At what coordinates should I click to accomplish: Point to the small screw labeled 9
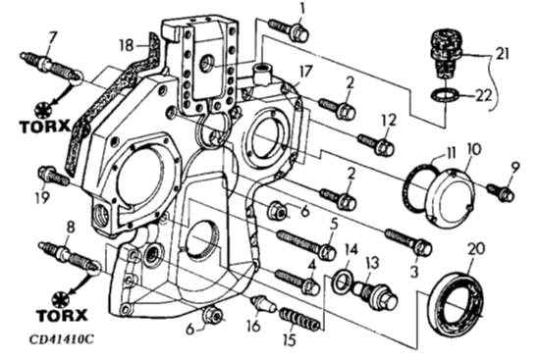[x=501, y=192]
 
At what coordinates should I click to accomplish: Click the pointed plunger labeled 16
[x=264, y=302]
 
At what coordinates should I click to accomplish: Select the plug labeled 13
[x=375, y=294]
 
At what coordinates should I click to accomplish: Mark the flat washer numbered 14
[x=342, y=281]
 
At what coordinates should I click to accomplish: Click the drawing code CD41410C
[x=61, y=339]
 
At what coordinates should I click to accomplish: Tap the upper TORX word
[x=45, y=127]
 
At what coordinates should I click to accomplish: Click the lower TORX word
[x=62, y=315]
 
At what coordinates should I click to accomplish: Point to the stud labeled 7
[x=51, y=68]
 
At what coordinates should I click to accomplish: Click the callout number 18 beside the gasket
[x=127, y=45]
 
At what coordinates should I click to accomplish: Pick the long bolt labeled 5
[x=306, y=245]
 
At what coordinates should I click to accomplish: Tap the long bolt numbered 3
[x=408, y=242]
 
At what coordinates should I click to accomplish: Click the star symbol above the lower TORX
[x=61, y=299]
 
